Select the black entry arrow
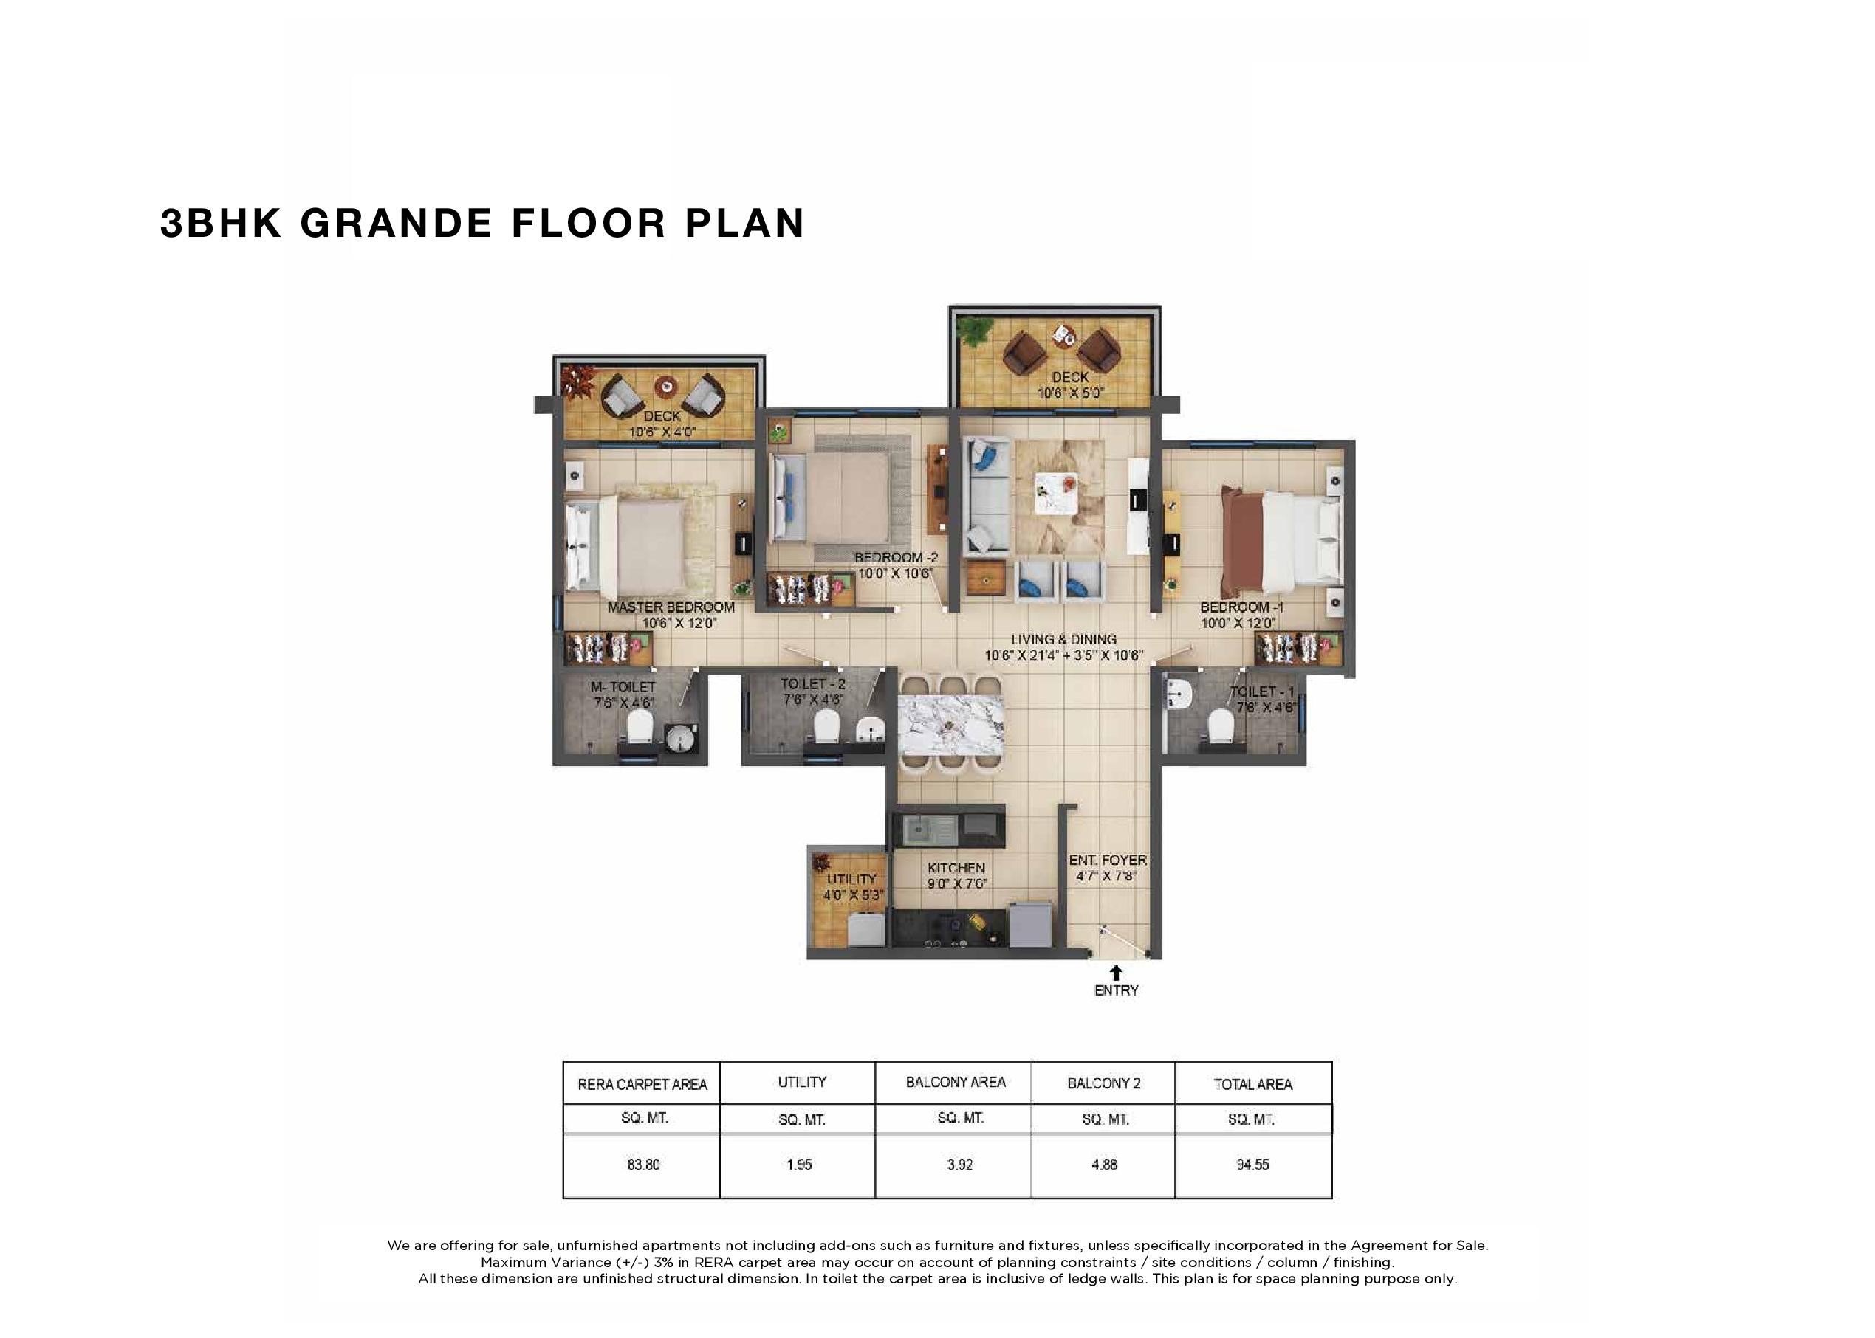1116,972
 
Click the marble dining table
950,725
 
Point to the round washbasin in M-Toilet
681,737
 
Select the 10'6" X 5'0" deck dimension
1070,393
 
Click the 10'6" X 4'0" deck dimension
662,432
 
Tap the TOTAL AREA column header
1252,1084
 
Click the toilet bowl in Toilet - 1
1221,727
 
